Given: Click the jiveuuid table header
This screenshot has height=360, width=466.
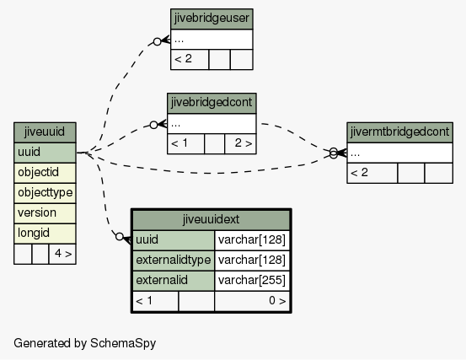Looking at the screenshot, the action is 45,132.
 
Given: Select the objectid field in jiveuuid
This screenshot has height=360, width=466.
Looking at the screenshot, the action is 45,173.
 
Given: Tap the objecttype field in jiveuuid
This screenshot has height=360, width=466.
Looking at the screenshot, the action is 45,193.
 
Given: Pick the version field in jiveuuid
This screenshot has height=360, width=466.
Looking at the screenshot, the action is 45,213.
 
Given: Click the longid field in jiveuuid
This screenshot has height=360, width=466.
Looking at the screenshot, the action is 45,234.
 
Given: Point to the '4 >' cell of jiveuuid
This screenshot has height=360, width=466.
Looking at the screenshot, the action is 62,254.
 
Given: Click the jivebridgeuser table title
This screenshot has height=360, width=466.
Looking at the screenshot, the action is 212,19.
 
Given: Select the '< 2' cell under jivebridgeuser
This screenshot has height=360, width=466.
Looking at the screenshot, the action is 190,60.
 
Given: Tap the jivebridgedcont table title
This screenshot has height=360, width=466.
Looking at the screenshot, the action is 212,103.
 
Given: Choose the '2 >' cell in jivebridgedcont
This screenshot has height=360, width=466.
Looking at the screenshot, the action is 240,143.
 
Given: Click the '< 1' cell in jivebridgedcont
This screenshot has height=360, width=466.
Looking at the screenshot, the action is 186,143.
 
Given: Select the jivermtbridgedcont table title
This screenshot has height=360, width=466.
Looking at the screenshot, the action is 399,132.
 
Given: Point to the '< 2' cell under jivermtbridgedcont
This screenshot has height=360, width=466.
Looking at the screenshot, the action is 372,173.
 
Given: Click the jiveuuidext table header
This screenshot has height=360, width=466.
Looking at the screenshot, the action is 211,220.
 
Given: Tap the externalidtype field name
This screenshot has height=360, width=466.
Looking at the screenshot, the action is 174,261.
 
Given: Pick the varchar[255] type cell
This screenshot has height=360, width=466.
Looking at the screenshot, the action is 252,281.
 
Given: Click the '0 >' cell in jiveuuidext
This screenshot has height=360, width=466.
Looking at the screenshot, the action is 252,301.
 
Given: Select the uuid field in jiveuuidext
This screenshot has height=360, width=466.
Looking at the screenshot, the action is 174,240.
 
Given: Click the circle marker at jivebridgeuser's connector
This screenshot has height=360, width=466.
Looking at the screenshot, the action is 158,41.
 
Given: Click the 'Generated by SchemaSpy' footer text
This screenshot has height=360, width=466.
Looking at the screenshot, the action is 85,343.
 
